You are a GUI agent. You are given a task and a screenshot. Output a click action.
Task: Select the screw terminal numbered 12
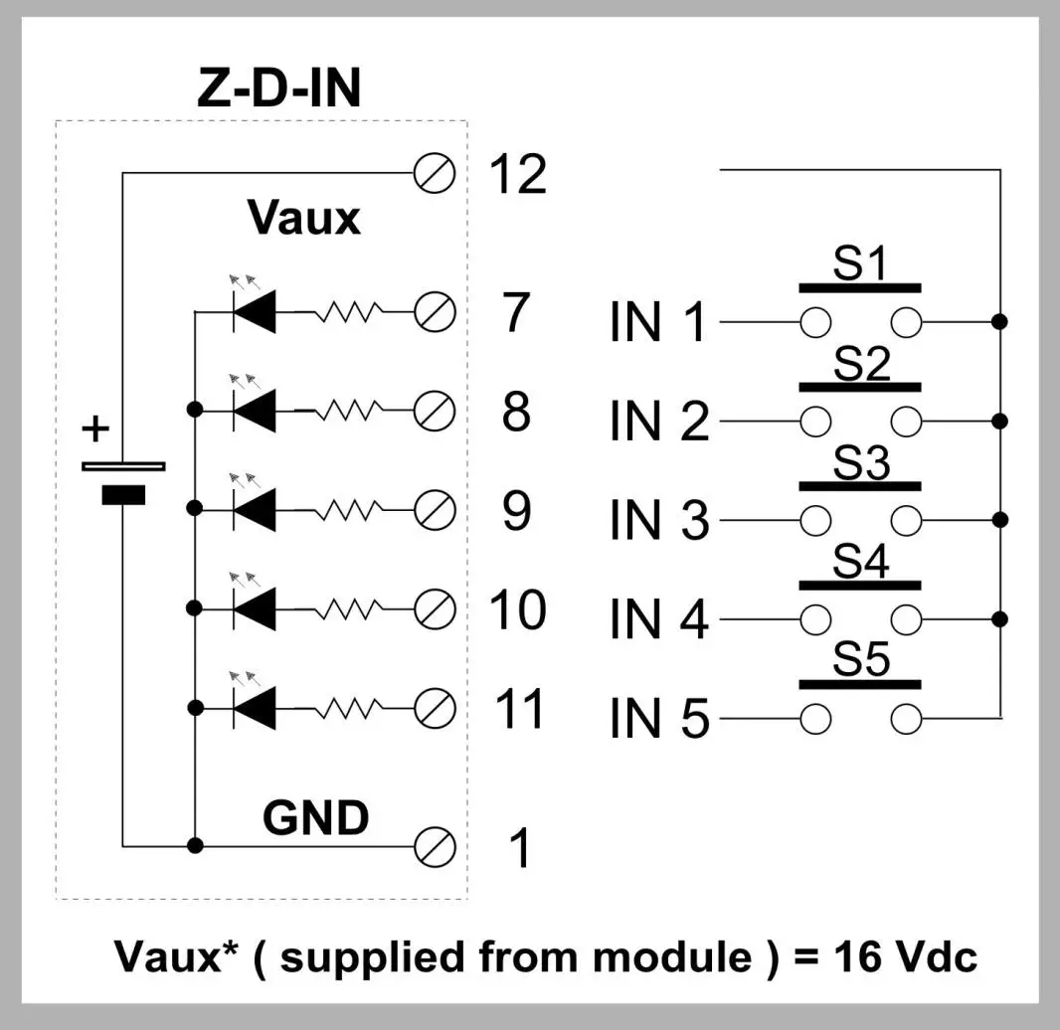(x=435, y=173)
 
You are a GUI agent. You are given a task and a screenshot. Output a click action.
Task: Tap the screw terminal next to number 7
(x=435, y=312)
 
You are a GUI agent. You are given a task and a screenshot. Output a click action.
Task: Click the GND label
(x=315, y=818)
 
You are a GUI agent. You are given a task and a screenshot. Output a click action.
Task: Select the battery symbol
(x=123, y=480)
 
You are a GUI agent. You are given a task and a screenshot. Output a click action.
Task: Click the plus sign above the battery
(x=94, y=429)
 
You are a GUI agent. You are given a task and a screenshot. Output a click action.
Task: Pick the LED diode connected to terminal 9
(x=254, y=510)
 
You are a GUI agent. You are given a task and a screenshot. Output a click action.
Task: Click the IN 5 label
(x=659, y=719)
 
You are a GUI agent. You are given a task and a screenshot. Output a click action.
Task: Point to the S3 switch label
(x=861, y=464)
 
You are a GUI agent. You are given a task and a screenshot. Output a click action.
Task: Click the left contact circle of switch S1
(x=814, y=322)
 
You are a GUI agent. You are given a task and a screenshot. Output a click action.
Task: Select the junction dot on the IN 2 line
(x=1000, y=421)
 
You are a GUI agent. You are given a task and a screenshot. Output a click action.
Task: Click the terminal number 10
(x=517, y=609)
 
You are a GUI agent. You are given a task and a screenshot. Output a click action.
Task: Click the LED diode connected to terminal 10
(x=254, y=606)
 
